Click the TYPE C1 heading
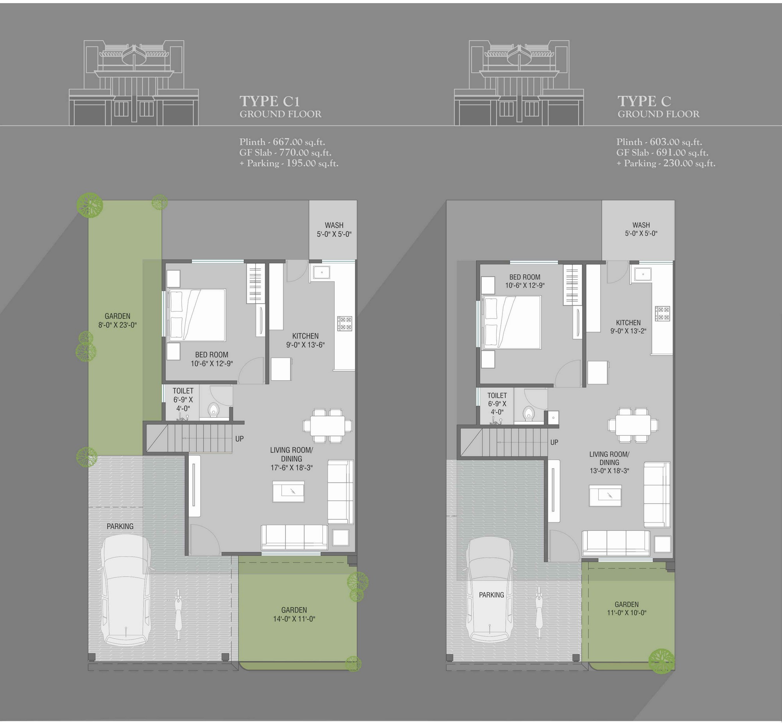pyautogui.click(x=270, y=101)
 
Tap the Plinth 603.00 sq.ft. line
pyautogui.click(x=659, y=141)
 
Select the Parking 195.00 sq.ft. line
pyautogui.click(x=289, y=163)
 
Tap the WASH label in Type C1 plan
pyautogui.click(x=334, y=225)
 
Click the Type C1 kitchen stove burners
pyautogui.click(x=344, y=324)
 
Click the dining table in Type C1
pyautogui.click(x=328, y=426)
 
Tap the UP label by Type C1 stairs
pyautogui.click(x=240, y=439)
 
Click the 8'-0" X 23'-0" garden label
pyautogui.click(x=117, y=325)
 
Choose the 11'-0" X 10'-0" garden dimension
pyautogui.click(x=627, y=613)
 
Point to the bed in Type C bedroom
pyautogui.click(x=512, y=322)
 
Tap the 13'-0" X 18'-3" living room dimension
pyautogui.click(x=610, y=471)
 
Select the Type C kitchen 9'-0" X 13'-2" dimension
pyautogui.click(x=628, y=331)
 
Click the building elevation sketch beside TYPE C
pyautogui.click(x=519, y=83)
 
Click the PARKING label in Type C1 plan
pyautogui.click(x=120, y=526)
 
